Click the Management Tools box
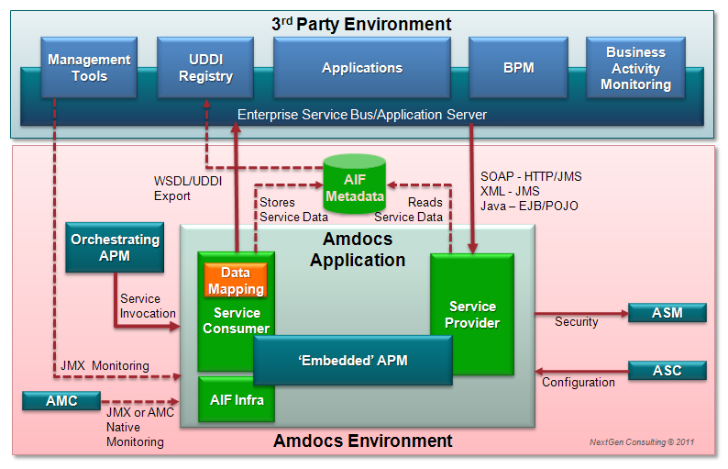[x=90, y=67]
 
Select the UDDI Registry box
[x=206, y=67]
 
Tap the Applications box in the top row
[x=361, y=67]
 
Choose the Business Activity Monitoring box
[x=635, y=67]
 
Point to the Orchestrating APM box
[x=115, y=247]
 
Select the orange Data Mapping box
[x=236, y=281]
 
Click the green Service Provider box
[x=472, y=314]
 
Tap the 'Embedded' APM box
[x=353, y=360]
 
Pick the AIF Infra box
[x=237, y=399]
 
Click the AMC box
[x=61, y=401]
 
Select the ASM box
[x=667, y=313]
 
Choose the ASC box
[x=667, y=371]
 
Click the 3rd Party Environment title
[x=361, y=25]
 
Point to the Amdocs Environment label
[x=362, y=441]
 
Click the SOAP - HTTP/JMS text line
[x=531, y=176]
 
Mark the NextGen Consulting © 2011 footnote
[x=642, y=442]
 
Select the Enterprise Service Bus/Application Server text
[x=361, y=115]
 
